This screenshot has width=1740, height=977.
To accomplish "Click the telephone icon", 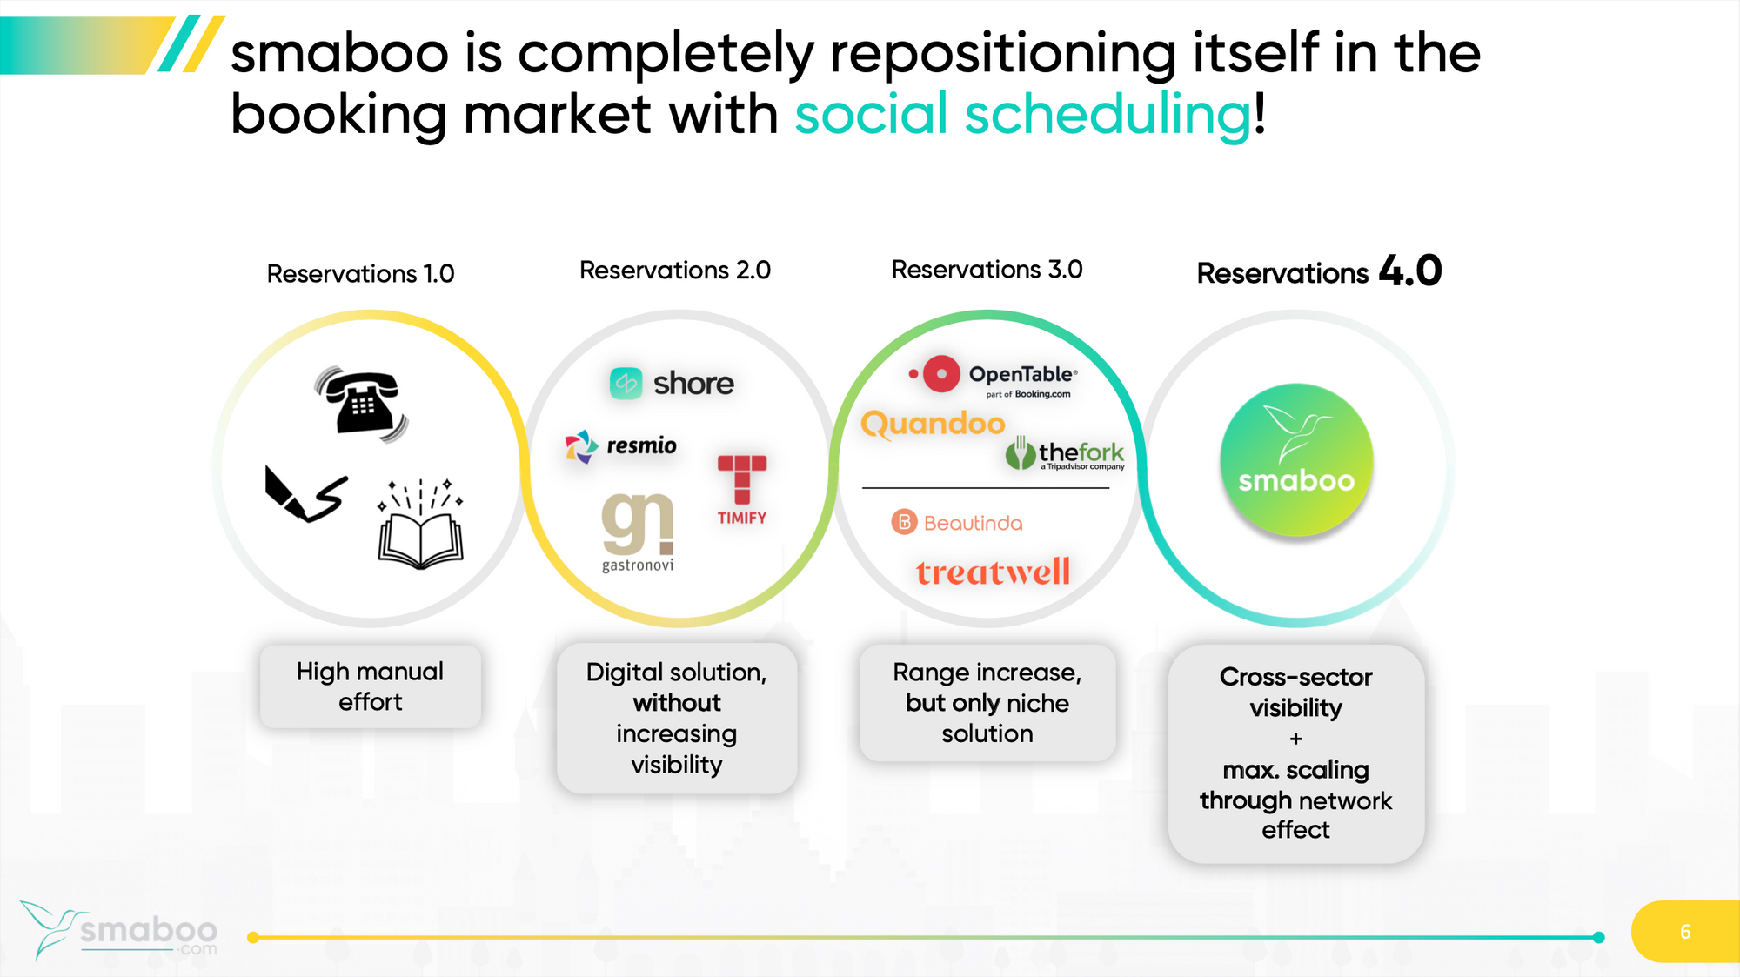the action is click(x=361, y=403).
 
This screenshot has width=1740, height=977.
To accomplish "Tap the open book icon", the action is click(x=420, y=524).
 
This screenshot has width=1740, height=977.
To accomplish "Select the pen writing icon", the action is click(x=305, y=493).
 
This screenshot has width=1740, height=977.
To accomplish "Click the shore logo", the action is click(x=672, y=383).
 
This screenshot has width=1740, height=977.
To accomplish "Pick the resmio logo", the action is click(x=620, y=446).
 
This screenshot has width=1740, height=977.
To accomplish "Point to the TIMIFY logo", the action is click(x=742, y=490).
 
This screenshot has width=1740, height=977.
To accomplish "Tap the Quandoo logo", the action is click(x=933, y=425).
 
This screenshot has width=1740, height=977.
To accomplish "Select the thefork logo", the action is click(x=1065, y=453).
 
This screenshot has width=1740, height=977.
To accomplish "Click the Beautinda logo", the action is click(x=957, y=522).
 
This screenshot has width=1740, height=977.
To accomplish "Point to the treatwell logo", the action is click(x=993, y=572).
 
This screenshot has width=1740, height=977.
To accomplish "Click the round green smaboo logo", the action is click(x=1296, y=459).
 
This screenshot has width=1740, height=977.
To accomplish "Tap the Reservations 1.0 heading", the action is click(x=360, y=274).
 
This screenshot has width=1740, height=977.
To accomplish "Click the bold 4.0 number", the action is click(x=1410, y=271).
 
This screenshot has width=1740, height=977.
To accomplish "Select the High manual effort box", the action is click(x=371, y=686).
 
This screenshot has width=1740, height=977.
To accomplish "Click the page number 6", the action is click(x=1685, y=932).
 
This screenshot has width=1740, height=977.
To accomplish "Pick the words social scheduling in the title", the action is click(x=1023, y=115).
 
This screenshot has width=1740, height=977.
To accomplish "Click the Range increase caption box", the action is click(x=987, y=703).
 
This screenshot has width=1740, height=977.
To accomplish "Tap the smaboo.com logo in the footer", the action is click(x=118, y=930).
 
